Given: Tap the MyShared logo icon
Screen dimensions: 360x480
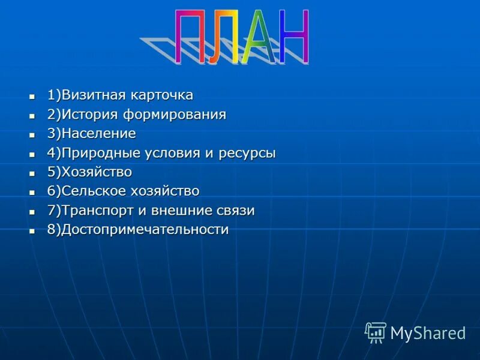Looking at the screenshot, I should pos(376,332).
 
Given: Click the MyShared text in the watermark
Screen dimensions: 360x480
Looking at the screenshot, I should pos(428,333).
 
